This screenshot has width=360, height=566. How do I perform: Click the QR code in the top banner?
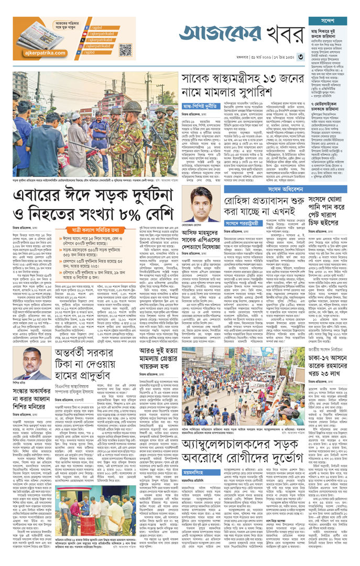point(125,50)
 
